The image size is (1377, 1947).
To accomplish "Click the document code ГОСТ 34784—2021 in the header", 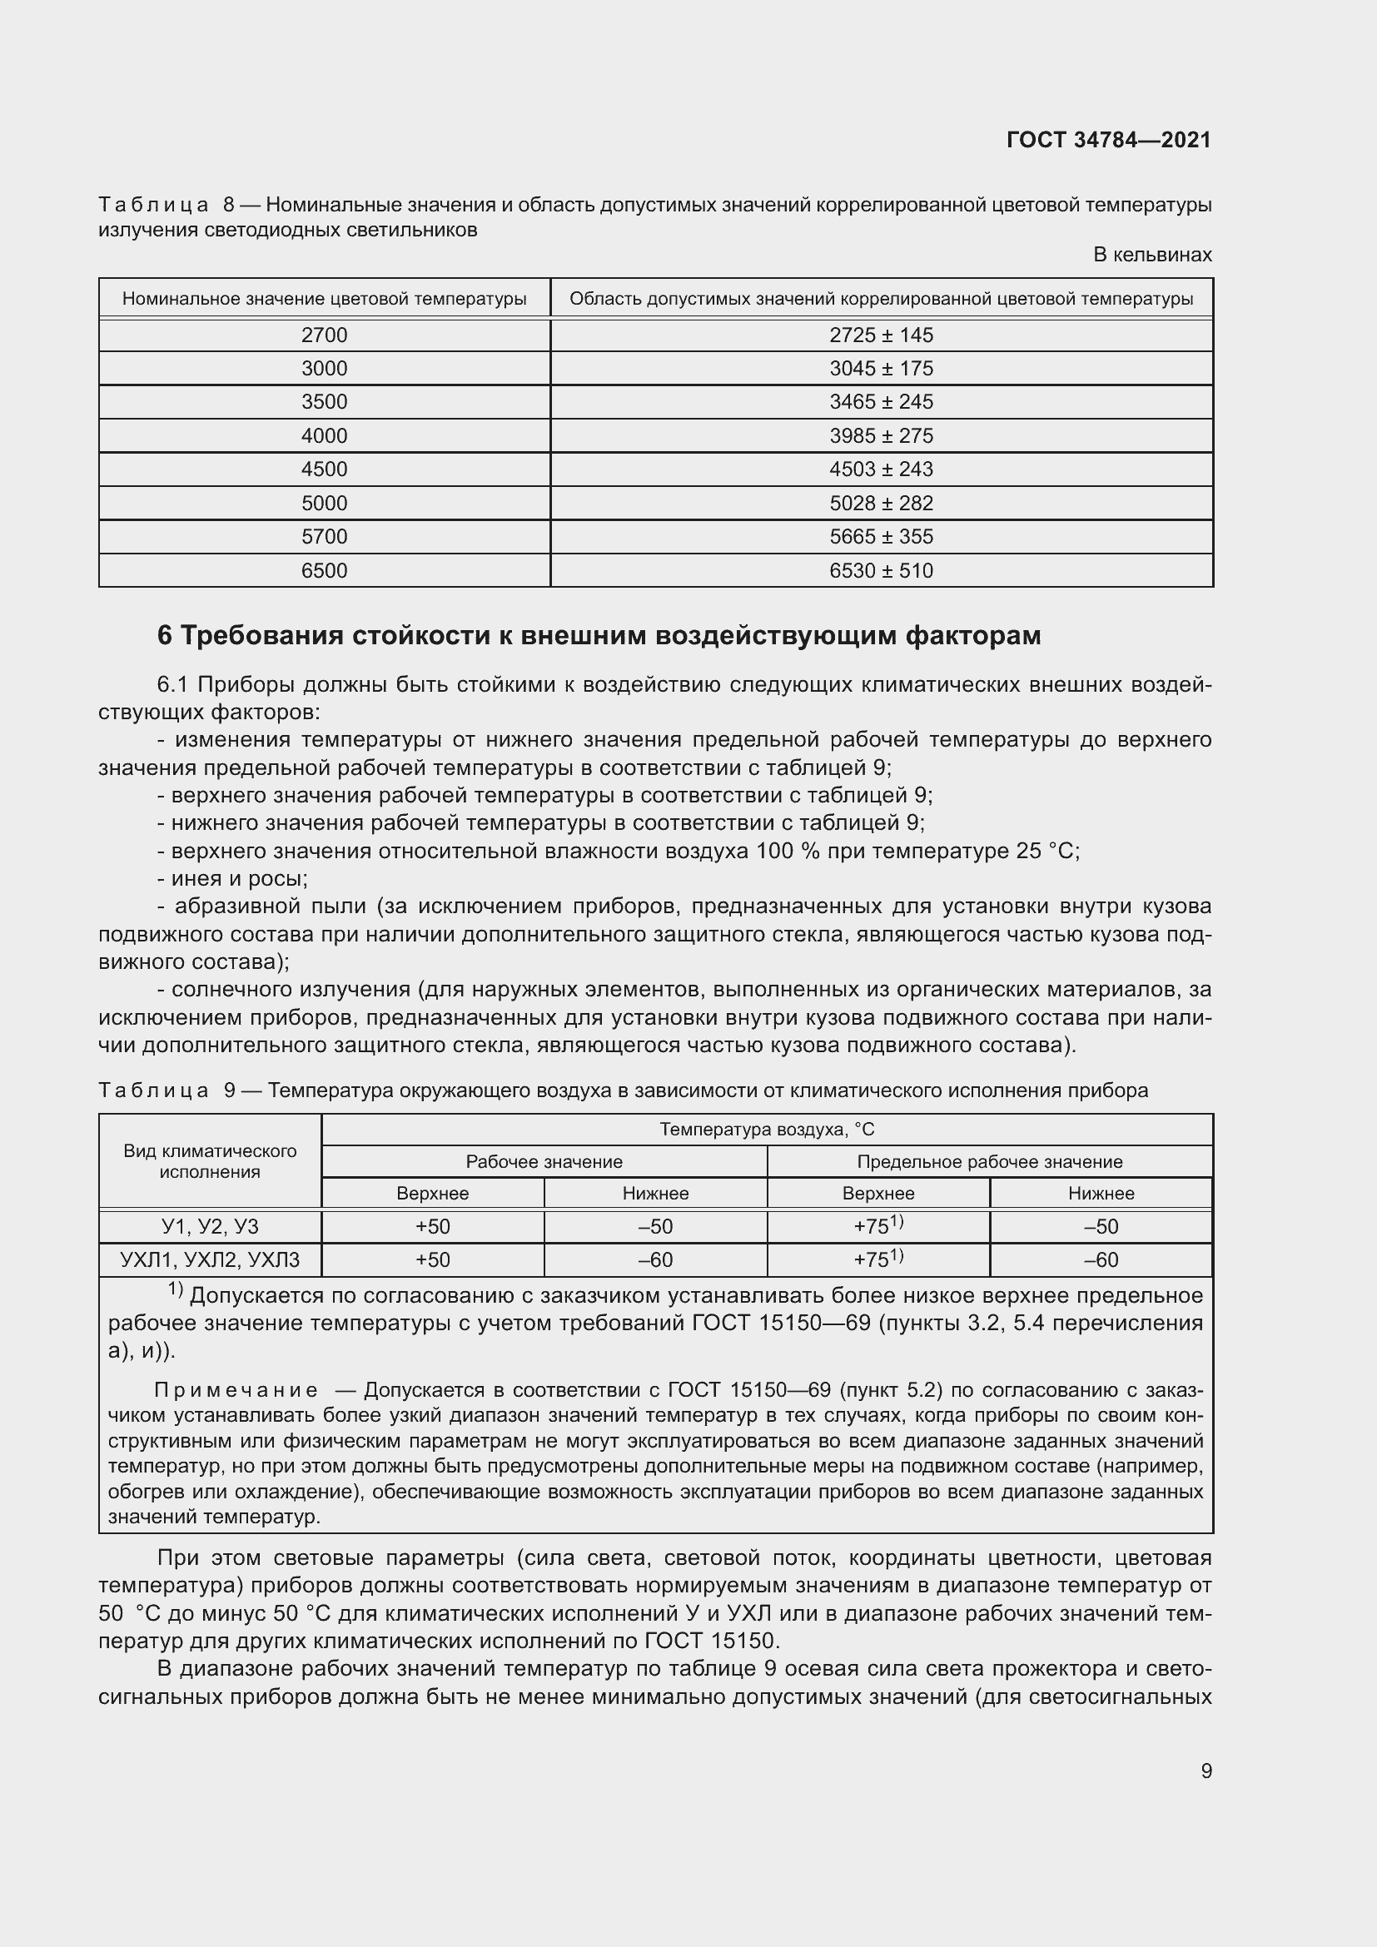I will (1108, 140).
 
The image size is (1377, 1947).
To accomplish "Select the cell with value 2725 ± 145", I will (880, 335).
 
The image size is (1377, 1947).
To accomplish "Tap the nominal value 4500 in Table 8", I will (324, 469).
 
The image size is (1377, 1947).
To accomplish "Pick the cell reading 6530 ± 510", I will (880, 571).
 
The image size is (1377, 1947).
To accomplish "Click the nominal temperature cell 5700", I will (324, 537).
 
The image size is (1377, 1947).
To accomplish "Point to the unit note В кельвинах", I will (1151, 255).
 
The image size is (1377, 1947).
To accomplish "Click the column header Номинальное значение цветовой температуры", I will (324, 299).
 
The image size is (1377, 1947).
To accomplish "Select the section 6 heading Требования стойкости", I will (599, 635).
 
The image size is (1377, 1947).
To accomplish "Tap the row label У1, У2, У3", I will (210, 1226).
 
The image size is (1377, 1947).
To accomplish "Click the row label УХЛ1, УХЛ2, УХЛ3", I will (210, 1260).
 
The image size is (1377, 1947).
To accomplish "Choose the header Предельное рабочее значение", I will (989, 1162).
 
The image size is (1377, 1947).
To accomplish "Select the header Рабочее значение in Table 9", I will (544, 1162).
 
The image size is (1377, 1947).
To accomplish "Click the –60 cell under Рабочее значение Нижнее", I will (654, 1260).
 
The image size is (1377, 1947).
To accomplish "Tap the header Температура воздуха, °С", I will (767, 1130).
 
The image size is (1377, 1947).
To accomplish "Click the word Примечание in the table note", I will (236, 1391).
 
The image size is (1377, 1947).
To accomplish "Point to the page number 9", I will (1205, 1771).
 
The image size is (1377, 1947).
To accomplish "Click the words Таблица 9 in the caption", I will (167, 1090).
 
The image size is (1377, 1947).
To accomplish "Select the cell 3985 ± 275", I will (880, 436).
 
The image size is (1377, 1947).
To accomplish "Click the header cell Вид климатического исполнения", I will (210, 1161).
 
